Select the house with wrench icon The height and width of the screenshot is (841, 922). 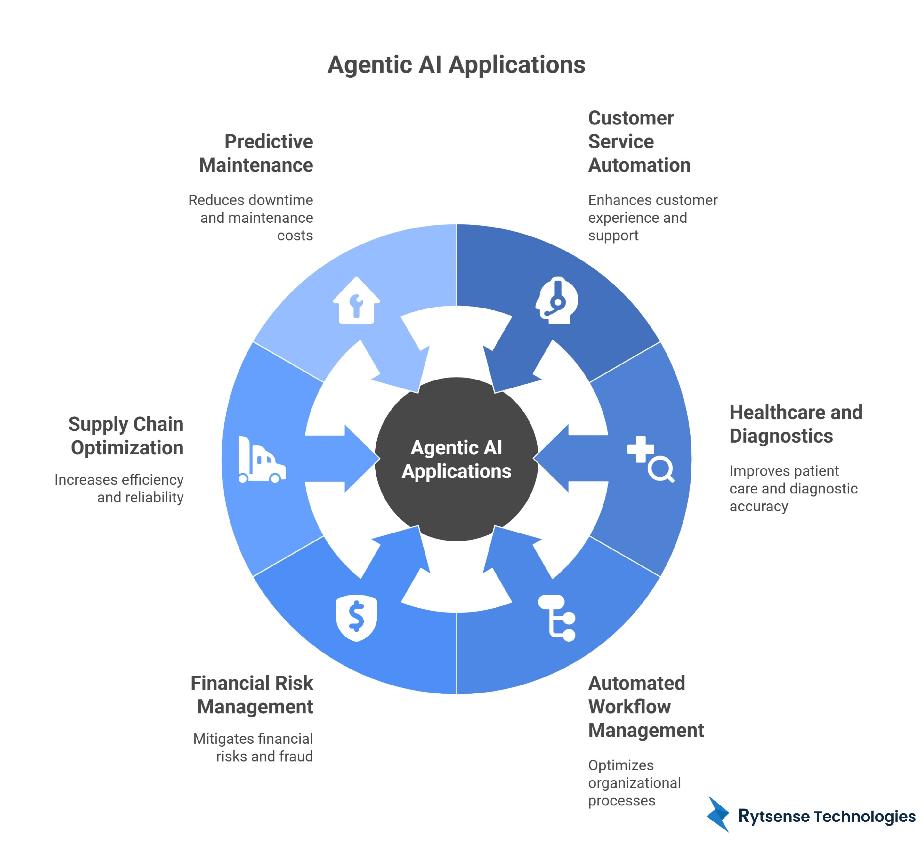356,301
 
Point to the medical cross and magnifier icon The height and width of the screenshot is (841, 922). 650,459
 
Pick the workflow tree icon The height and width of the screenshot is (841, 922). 557,618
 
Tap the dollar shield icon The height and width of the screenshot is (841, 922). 356,618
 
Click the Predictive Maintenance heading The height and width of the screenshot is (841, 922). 256,153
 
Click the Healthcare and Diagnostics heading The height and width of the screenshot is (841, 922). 796,424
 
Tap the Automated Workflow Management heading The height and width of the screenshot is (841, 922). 645,706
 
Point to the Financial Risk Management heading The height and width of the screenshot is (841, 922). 252,695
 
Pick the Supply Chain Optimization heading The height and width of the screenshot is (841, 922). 126,436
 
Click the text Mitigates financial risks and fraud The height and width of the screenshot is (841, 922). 253,747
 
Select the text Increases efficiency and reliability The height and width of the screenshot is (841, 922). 119,488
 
